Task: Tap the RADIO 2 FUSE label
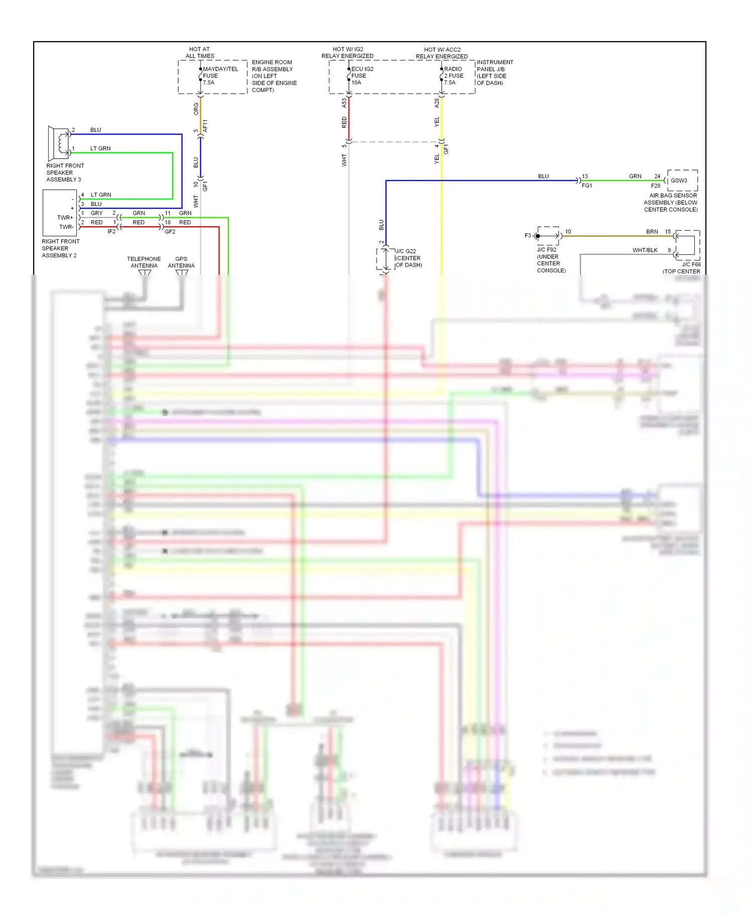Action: pyautogui.click(x=453, y=76)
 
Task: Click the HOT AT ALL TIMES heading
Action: pyautogui.click(x=200, y=53)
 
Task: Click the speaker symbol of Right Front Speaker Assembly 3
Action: pyautogui.click(x=59, y=143)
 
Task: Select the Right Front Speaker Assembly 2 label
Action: pyautogui.click(x=60, y=248)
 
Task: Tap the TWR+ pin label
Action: pyautogui.click(x=65, y=218)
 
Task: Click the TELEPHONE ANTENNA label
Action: pyautogui.click(x=144, y=262)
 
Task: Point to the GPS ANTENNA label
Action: pyautogui.click(x=181, y=262)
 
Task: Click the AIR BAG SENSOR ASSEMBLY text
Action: pyautogui.click(x=672, y=202)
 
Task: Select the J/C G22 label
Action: pyautogui.click(x=406, y=251)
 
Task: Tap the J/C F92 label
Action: pyautogui.click(x=547, y=250)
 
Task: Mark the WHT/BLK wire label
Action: pyautogui.click(x=645, y=250)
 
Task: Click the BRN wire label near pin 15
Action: pyautogui.click(x=652, y=232)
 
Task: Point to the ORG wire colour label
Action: pyautogui.click(x=196, y=109)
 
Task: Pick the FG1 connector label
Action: pyautogui.click(x=586, y=186)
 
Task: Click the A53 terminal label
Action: pyautogui.click(x=344, y=103)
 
